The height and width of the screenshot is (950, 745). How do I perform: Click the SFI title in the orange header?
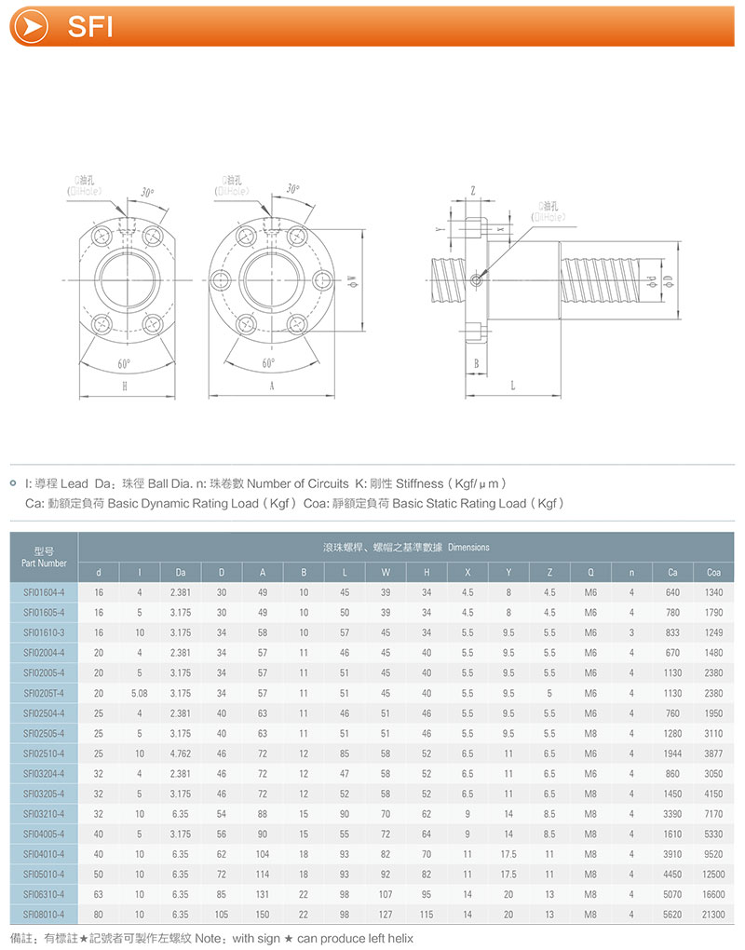pos(90,27)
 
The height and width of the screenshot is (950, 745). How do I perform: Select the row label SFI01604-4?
pos(44,592)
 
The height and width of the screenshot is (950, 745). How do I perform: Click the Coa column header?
pos(713,572)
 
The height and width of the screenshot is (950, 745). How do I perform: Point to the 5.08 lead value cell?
pos(140,693)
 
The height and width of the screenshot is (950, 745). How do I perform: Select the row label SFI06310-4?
pos(44,895)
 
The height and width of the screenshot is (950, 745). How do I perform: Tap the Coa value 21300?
pos(713,915)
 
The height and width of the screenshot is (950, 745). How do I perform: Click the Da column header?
pos(181,572)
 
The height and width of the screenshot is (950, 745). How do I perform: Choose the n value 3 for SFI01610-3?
pos(631,632)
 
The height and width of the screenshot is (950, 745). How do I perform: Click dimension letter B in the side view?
pos(475,363)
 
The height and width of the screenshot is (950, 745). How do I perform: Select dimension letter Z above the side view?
pos(473,190)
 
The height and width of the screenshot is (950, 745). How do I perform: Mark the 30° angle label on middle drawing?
pos(293,189)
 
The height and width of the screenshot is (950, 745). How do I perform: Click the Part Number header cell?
pos(44,557)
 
